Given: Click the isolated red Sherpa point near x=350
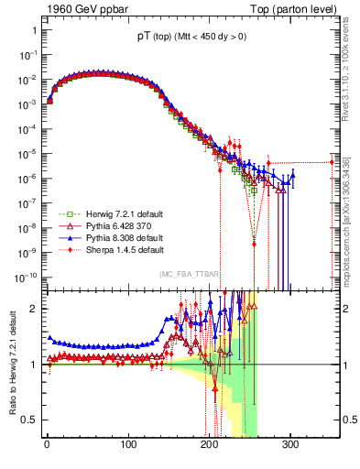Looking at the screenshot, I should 332,162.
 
